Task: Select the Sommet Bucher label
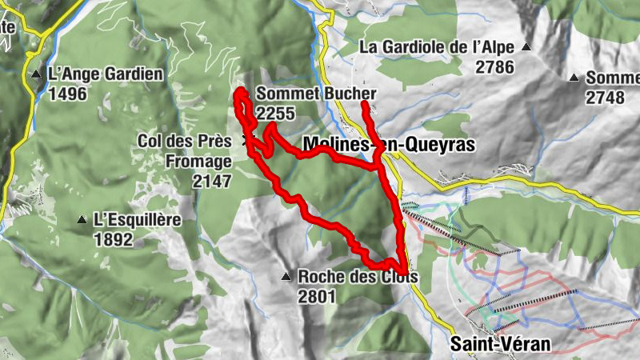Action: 316,94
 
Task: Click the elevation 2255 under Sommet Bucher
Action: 276,113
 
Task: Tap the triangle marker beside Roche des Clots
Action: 286,278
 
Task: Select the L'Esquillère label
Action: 138,219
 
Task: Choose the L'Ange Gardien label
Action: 105,74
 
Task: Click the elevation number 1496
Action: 67,94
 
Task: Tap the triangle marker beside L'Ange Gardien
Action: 36,75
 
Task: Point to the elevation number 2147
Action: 212,181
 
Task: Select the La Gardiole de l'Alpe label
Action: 437,47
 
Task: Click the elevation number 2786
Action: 494,67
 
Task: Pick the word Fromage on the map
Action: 199,161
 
